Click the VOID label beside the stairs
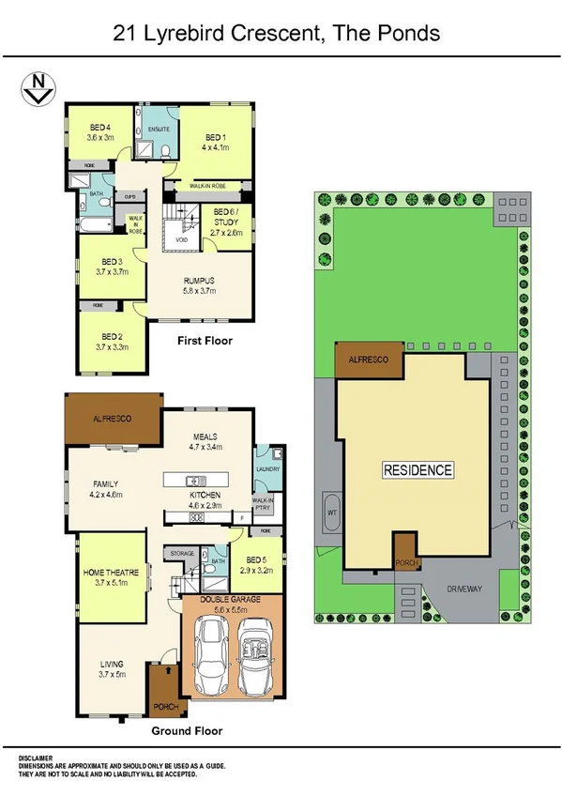coord(181,240)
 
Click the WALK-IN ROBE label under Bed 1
coord(210,187)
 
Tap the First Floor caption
coord(205,341)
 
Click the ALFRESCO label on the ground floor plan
coord(112,417)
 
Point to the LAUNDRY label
coord(269,467)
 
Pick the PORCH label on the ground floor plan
coord(166,699)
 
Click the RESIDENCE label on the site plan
coord(418,469)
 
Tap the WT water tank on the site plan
coord(331,513)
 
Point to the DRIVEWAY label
coord(464,589)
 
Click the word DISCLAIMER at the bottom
coord(36,758)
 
